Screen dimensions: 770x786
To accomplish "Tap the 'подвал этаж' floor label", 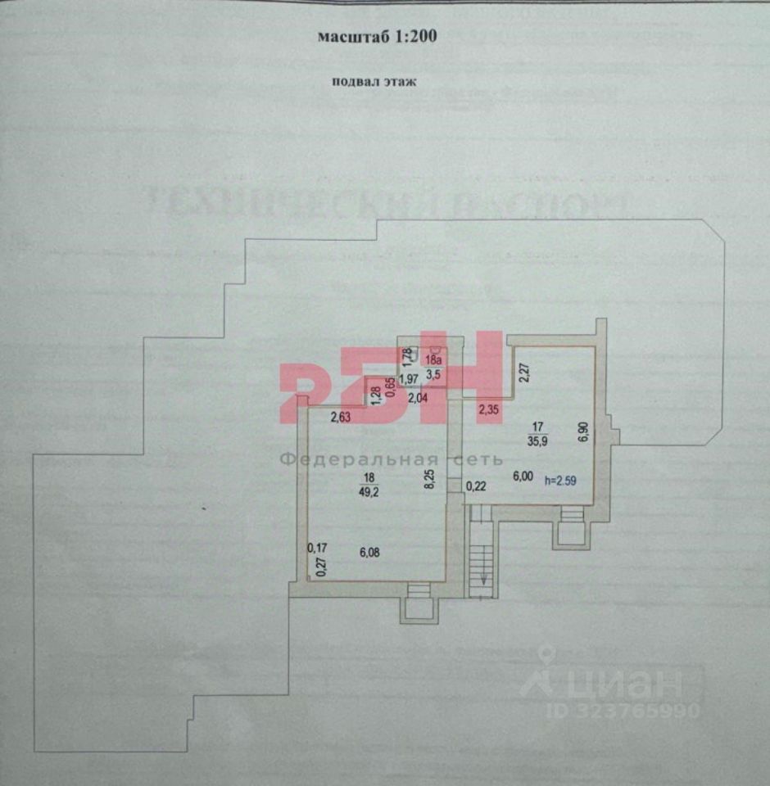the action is click(x=374, y=80).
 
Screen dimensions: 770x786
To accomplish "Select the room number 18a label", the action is click(x=433, y=359).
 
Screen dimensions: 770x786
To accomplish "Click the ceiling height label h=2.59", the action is click(x=561, y=481).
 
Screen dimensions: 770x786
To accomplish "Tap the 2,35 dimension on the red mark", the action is click(x=489, y=409).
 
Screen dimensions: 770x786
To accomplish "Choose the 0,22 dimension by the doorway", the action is click(x=476, y=486).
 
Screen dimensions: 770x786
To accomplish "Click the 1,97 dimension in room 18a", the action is click(x=408, y=378).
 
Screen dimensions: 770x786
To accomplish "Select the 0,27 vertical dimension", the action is click(x=320, y=568).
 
